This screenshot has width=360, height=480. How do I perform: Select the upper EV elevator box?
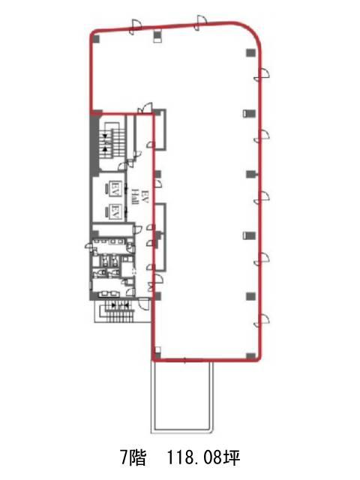coord(115,187)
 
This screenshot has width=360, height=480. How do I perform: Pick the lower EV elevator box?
coord(115,211)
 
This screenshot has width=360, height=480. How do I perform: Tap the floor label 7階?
coord(132,458)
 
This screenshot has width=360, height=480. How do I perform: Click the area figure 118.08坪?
coord(203,458)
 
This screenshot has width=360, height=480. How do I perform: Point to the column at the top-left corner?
coord(96,39)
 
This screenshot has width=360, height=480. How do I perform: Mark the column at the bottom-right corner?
coord(250,356)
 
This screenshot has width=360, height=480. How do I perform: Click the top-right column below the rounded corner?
coord(250,52)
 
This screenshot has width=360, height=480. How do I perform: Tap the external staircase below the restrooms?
coord(118,310)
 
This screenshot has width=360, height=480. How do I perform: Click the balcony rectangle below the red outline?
coord(181,397)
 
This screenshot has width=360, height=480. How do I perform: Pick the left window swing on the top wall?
coord(135,27)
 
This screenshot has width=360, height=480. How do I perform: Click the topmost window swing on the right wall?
coord(262,74)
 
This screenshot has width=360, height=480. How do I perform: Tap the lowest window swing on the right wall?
coord(262,320)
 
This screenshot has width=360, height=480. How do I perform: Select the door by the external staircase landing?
coord(143,303)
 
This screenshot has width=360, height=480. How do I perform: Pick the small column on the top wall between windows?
coord(157,36)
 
